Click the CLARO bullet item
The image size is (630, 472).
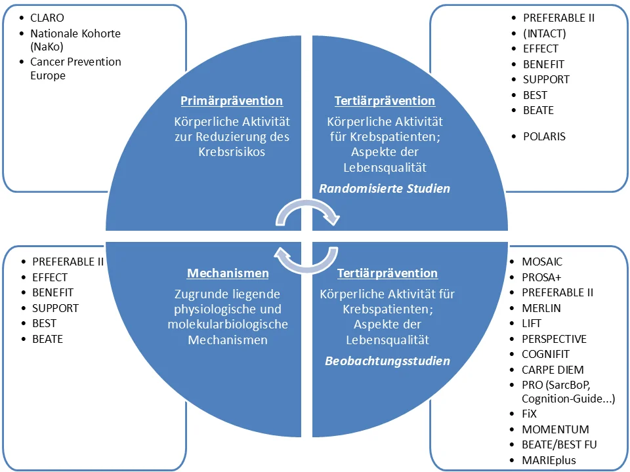click(x=47, y=18)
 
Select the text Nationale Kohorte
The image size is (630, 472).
click(x=75, y=33)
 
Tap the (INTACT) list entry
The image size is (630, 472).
click(x=545, y=33)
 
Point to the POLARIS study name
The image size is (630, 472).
click(x=544, y=136)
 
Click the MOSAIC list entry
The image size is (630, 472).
click(x=542, y=262)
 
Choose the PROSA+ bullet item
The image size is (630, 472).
click(x=541, y=277)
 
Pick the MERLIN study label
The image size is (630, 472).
click(x=541, y=308)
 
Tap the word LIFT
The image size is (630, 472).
click(x=532, y=323)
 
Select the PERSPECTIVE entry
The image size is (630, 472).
click(x=554, y=339)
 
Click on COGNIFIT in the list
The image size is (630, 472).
click(x=545, y=355)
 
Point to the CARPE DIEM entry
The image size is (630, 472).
click(x=553, y=370)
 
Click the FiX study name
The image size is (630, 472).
click(x=529, y=414)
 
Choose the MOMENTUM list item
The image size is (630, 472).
click(x=555, y=429)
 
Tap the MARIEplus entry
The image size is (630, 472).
click(x=549, y=460)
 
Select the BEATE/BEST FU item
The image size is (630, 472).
click(x=559, y=444)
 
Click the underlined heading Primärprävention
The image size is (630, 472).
click(x=232, y=101)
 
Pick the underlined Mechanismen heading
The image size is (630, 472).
click(x=228, y=273)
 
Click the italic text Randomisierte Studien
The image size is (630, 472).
click(x=385, y=189)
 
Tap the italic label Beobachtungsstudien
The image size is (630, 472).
click(x=387, y=361)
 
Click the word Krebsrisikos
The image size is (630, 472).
click(x=232, y=152)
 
